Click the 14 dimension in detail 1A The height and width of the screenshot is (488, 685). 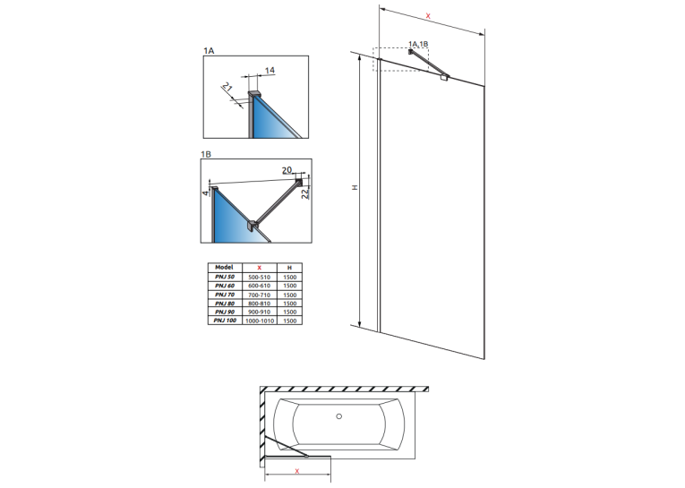tap(270, 70)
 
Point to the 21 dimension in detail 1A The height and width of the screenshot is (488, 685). tap(227, 87)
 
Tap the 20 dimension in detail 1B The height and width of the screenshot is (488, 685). tap(287, 170)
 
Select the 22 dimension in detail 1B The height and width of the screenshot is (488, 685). tap(305, 193)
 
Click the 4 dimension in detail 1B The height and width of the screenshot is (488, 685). tap(206, 193)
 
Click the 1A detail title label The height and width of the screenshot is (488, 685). tap(209, 51)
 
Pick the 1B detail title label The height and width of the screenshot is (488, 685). tap(206, 154)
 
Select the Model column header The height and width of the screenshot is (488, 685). tap(224, 268)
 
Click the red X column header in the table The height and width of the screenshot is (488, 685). tap(259, 268)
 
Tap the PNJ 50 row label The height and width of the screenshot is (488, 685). tap(225, 277)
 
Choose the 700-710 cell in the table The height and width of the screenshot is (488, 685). tap(259, 295)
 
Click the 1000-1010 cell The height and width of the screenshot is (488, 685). tap(260, 321)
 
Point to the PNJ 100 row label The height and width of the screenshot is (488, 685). tap(225, 321)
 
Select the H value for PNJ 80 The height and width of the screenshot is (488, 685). tap(289, 304)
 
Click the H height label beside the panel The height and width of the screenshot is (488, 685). tap(355, 187)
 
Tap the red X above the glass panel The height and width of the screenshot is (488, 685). tap(428, 16)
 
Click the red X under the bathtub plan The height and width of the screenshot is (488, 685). tap(297, 471)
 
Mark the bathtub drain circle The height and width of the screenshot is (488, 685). tap(339, 416)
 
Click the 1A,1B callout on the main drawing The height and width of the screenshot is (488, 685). tap(418, 44)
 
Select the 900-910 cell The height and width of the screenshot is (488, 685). tap(259, 312)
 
